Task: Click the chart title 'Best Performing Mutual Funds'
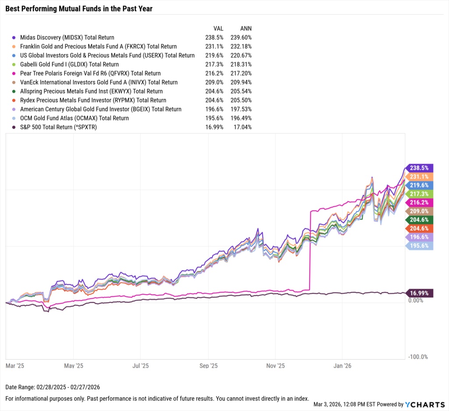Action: [x=79, y=8]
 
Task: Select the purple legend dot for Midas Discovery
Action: [x=14, y=38]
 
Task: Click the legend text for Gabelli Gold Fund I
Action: [x=65, y=64]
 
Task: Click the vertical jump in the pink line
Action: [x=310, y=249]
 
